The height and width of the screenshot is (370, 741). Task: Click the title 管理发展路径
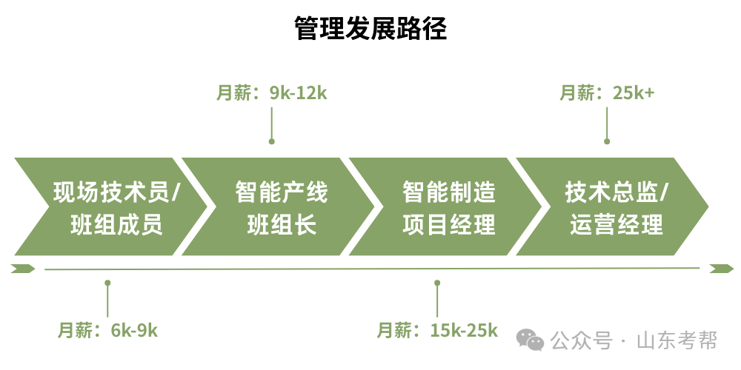tap(370, 29)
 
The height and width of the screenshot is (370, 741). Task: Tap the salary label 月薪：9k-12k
tap(272, 93)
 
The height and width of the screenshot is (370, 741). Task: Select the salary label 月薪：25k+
tap(607, 93)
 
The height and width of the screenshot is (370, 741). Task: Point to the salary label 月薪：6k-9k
tap(108, 330)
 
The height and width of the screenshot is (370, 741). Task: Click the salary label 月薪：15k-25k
tap(437, 330)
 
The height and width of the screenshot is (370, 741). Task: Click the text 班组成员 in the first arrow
tap(116, 225)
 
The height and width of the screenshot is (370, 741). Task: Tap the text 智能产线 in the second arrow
tap(282, 193)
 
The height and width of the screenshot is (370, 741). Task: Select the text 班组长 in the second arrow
tap(282, 225)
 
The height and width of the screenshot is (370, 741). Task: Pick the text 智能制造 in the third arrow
tap(449, 193)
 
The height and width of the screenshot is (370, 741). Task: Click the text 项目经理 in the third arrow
tap(449, 225)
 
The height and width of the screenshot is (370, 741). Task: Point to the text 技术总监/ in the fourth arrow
tap(617, 193)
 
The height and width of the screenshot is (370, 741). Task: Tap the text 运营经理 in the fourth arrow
tap(617, 225)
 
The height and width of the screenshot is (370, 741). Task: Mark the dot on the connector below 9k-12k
tap(272, 141)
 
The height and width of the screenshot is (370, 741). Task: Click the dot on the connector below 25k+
tap(607, 141)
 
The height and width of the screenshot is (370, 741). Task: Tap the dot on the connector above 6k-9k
tap(108, 283)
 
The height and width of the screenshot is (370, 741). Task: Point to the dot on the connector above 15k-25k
tap(437, 283)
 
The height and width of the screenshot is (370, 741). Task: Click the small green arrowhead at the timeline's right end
tap(721, 268)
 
